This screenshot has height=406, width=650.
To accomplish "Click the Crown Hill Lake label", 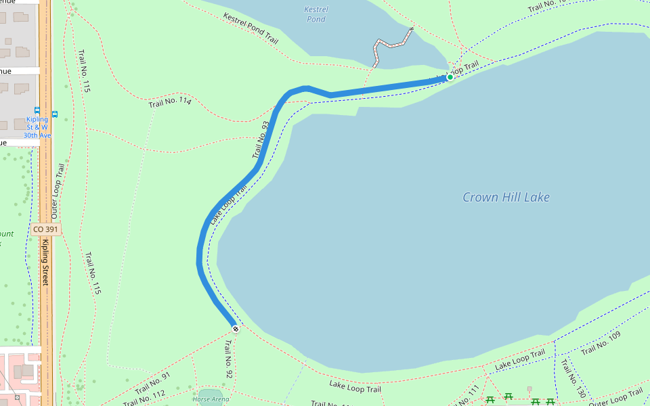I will coord(506,198).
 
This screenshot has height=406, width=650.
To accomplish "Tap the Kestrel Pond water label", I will coord(316,14).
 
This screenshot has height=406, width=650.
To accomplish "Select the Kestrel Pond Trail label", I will coord(251,29).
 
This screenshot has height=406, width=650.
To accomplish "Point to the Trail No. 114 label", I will coord(170,102).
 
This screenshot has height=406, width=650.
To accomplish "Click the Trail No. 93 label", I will coord(261,139).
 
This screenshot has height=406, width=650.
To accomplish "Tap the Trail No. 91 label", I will coord(152,382).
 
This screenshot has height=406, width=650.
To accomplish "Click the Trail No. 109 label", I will coord(601,343).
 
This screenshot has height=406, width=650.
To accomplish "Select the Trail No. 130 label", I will coord(573,378).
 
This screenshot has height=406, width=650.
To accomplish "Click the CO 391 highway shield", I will coord(46,229).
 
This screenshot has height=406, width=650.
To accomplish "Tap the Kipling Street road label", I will coord(46,261).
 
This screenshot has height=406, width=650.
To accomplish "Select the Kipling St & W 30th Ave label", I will coord(37,127).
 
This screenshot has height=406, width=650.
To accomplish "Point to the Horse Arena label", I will coord(211,399).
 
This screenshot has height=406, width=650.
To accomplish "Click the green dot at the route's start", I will coord(450,77).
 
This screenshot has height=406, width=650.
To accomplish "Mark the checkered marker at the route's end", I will coord(236,329).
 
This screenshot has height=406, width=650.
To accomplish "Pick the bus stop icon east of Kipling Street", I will coord(55,114).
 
